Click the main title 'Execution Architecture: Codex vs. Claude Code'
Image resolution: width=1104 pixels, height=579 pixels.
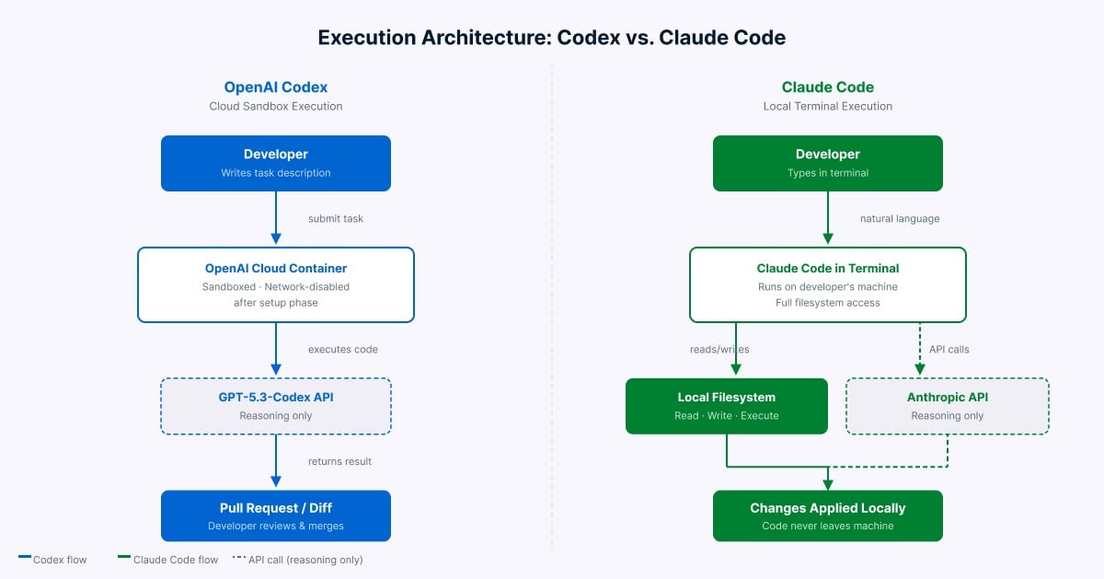[552, 38]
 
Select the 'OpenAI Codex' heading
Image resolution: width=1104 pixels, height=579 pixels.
[276, 87]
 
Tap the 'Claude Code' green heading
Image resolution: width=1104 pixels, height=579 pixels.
[828, 87]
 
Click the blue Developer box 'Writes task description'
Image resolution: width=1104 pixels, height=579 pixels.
[276, 163]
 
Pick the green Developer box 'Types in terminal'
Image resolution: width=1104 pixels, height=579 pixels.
[828, 163]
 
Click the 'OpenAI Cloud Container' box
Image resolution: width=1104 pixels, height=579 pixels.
[276, 284]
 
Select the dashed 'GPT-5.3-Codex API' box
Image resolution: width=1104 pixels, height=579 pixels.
[276, 406]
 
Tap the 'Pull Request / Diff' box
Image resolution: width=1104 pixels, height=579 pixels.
[276, 515]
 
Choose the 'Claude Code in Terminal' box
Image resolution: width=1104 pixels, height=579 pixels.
[828, 284]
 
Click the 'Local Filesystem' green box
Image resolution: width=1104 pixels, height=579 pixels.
[727, 406]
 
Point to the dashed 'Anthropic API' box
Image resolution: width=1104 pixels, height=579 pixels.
[948, 406]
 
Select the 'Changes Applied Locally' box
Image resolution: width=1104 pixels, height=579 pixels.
[828, 515]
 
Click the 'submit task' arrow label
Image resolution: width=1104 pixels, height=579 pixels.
[336, 219]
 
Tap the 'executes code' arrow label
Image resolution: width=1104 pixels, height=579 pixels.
[342, 350]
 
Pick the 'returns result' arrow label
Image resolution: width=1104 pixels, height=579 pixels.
[339, 461]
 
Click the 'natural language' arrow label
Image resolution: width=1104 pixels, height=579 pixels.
[900, 219]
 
